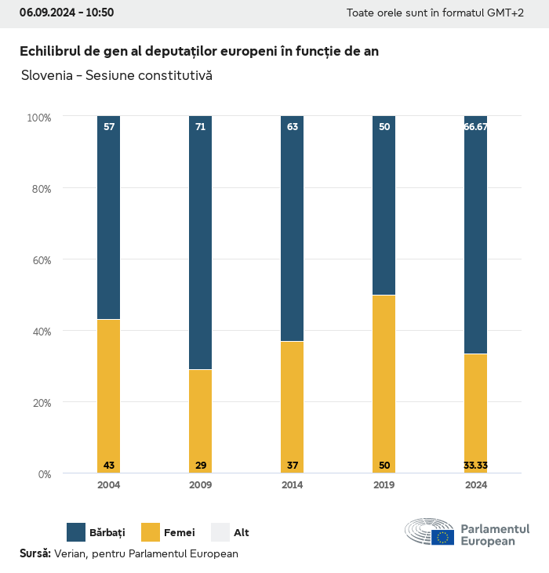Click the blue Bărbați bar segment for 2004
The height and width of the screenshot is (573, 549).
(x=109, y=217)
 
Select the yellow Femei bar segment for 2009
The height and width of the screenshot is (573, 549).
(x=201, y=421)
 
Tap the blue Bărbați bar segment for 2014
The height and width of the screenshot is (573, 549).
(x=293, y=228)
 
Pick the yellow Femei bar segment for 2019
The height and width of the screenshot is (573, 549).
(x=384, y=384)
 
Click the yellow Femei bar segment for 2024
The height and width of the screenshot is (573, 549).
(x=476, y=413)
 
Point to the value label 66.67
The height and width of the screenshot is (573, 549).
(x=476, y=126)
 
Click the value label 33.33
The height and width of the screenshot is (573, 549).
(x=476, y=466)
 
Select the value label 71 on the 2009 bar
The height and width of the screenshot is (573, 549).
(x=201, y=126)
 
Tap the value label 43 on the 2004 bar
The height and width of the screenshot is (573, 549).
(x=109, y=466)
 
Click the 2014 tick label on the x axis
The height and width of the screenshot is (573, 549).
(x=293, y=485)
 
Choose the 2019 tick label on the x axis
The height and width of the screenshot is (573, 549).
(x=384, y=485)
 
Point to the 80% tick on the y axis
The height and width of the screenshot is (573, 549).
(x=39, y=189)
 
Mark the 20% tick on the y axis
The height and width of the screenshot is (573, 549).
(x=39, y=403)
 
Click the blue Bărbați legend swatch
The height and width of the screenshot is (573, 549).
(x=76, y=532)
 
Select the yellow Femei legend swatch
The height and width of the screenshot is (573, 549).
(x=151, y=532)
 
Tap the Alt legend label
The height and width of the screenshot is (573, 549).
(x=242, y=533)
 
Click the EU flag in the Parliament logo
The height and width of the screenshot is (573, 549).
(x=443, y=537)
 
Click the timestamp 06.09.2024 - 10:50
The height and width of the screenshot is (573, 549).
(x=67, y=13)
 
